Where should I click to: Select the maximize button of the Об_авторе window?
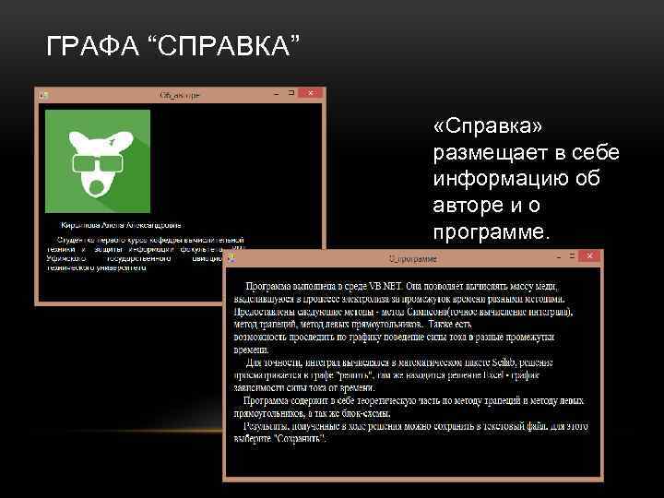click(291, 93)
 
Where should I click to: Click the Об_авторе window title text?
click(180, 94)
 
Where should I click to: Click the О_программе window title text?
click(409, 256)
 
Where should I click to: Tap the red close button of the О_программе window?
click(588, 255)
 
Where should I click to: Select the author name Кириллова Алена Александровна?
click(121, 224)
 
